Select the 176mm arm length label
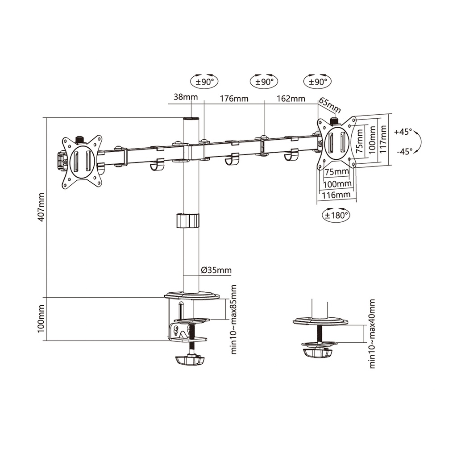233,99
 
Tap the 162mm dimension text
291,99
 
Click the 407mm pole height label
41,207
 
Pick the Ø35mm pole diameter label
216,270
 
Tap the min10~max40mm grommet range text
372,334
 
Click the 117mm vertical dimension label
383,139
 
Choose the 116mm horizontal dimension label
336,195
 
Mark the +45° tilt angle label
403,132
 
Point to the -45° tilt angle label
404,151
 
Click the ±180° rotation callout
336,215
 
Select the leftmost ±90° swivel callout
204,82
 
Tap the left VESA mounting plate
82,162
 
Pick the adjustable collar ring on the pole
187,221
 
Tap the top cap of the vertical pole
191,119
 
